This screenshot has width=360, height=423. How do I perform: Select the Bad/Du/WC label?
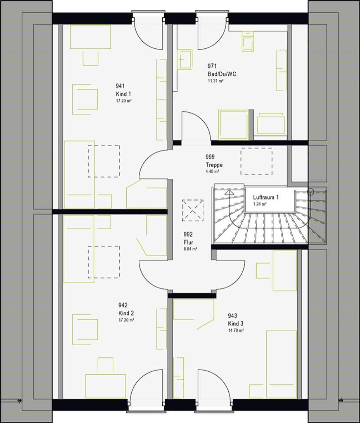coord(222,74)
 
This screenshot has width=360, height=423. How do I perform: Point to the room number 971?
coord(212,66)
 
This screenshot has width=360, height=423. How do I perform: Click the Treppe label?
coord(214,165)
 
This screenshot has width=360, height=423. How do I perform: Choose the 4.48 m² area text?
coord(212,171)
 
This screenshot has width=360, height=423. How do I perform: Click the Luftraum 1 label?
coord(266,197)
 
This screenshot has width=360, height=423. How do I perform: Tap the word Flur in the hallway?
coord(189,242)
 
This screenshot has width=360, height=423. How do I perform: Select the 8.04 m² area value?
coord(190,249)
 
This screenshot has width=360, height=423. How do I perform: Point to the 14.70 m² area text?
coord(236,330)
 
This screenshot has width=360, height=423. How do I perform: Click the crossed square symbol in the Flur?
coord(192,210)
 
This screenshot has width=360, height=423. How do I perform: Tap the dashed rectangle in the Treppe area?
coord(256,161)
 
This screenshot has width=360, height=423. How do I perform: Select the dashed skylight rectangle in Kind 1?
coord(104,161)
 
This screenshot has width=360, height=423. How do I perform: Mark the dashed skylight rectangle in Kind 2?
coord(104,262)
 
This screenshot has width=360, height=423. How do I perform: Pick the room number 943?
coord(232,316)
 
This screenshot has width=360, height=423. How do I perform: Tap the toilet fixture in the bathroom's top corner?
coord(248,41)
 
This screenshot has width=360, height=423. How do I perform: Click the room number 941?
coord(120,86)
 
